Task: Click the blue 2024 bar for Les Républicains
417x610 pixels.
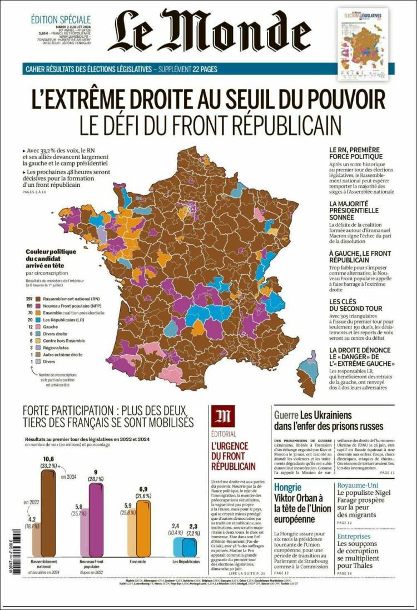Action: point(193,547)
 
